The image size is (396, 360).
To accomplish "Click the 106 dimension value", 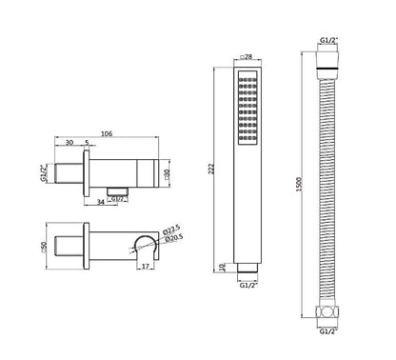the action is (x=107, y=134).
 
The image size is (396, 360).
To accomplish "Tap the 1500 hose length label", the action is (x=299, y=184).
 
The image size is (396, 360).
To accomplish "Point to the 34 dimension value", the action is (x=101, y=202).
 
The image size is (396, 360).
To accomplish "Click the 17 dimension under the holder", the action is (x=145, y=266).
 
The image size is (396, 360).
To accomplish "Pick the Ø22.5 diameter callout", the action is (x=171, y=230).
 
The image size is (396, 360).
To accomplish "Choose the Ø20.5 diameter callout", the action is (x=174, y=238).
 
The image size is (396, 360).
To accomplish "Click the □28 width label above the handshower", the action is (x=247, y=57).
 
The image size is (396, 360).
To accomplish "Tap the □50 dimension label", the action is (x=44, y=247).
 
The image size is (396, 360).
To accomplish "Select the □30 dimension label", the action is (x=168, y=173).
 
